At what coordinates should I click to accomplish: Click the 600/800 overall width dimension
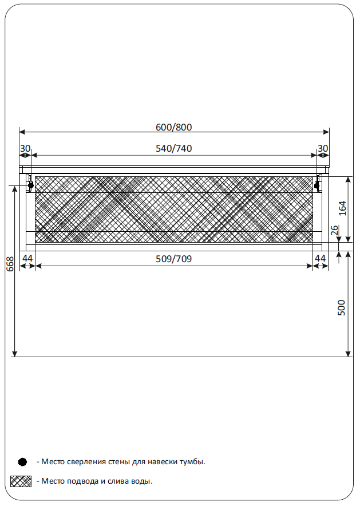173,127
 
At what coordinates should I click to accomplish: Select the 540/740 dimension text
173,148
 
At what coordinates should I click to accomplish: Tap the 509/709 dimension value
173,259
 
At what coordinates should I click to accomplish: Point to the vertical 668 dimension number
10,264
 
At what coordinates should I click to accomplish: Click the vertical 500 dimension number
341,308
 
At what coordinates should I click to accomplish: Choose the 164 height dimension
342,208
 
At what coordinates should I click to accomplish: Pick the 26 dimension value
334,231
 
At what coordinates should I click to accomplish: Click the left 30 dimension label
25,148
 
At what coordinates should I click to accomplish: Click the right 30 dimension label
323,148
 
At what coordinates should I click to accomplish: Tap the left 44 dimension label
27,258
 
